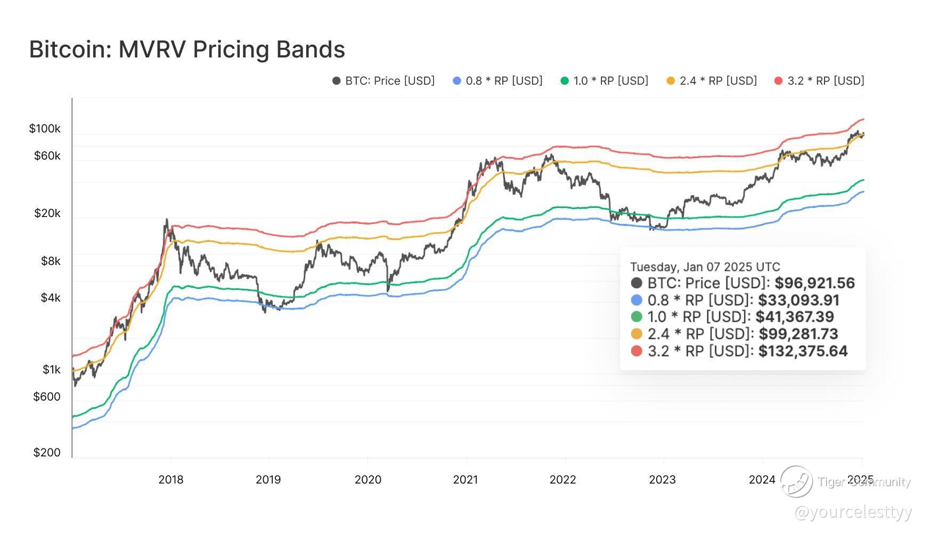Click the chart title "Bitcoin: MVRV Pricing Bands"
187,49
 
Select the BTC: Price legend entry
384,81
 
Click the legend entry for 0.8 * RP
497,81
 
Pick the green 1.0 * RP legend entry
605,81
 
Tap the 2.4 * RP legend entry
712,81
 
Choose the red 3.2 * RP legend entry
819,81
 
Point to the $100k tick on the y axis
45,129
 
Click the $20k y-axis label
47,213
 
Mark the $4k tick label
51,298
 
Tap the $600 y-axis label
47,397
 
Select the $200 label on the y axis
47,453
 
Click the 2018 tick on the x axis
170,480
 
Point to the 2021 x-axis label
466,480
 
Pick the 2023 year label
662,480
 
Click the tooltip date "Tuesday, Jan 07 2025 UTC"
705,267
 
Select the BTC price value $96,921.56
815,283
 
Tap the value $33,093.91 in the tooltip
799,301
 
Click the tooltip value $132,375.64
803,351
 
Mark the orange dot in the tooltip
637,334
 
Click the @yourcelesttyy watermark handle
853,513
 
